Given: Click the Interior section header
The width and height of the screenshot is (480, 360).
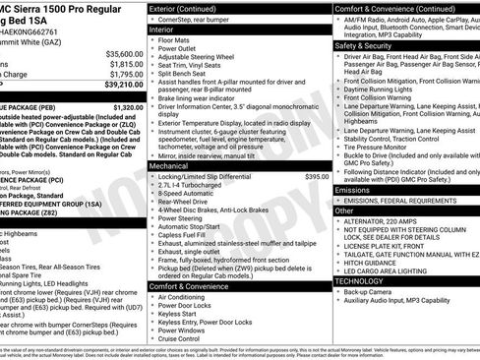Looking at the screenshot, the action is click(x=166, y=30).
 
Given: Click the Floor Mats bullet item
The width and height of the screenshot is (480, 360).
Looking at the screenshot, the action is click(x=179, y=42).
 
